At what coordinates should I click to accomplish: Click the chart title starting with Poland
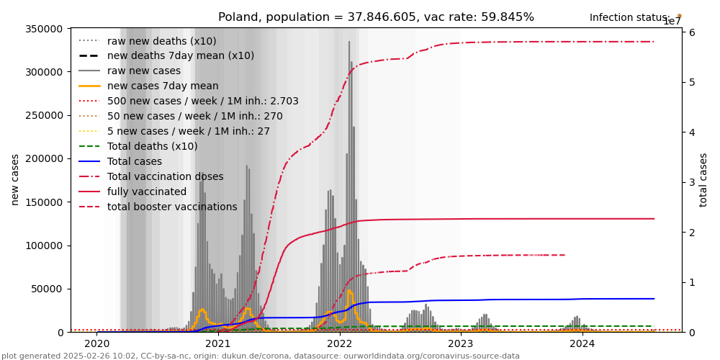click(376, 17)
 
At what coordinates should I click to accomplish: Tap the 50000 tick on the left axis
click(49, 289)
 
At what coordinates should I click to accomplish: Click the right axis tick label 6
click(690, 32)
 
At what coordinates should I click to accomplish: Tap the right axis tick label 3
click(690, 182)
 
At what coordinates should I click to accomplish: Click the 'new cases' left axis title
click(15, 179)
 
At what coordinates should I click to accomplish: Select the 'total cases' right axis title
click(703, 179)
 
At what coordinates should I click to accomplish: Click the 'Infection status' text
click(629, 18)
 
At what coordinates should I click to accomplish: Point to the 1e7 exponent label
click(672, 22)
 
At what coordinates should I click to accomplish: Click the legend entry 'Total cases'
click(135, 161)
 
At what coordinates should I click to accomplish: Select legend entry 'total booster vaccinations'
click(172, 207)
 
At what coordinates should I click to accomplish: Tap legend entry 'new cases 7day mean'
click(163, 86)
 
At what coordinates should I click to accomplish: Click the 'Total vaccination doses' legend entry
click(165, 176)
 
